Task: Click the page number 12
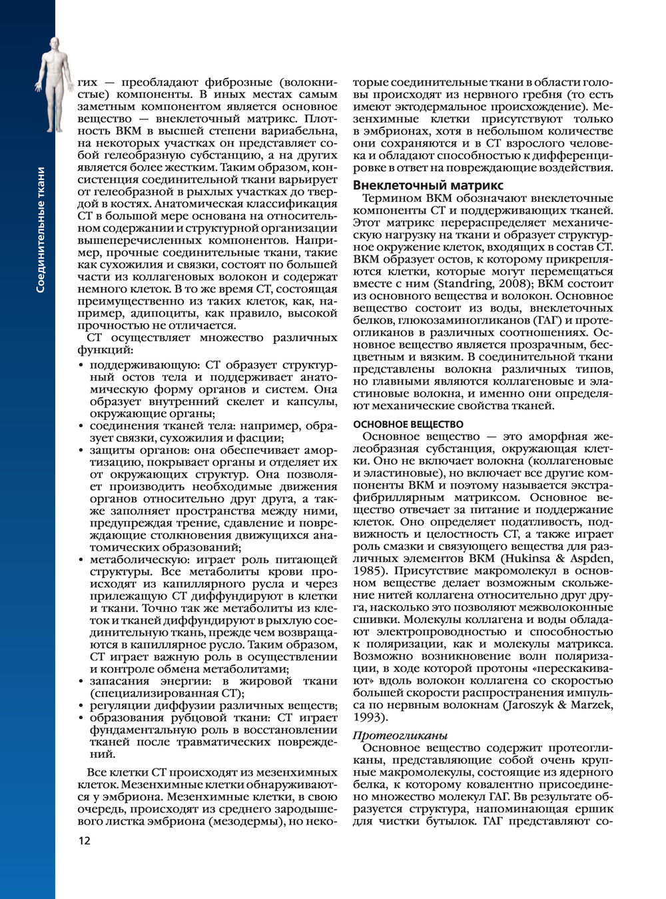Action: tap(84, 840)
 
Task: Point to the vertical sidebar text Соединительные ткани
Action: tap(41, 230)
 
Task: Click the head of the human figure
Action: tap(55, 43)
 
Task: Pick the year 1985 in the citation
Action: tap(369, 570)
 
